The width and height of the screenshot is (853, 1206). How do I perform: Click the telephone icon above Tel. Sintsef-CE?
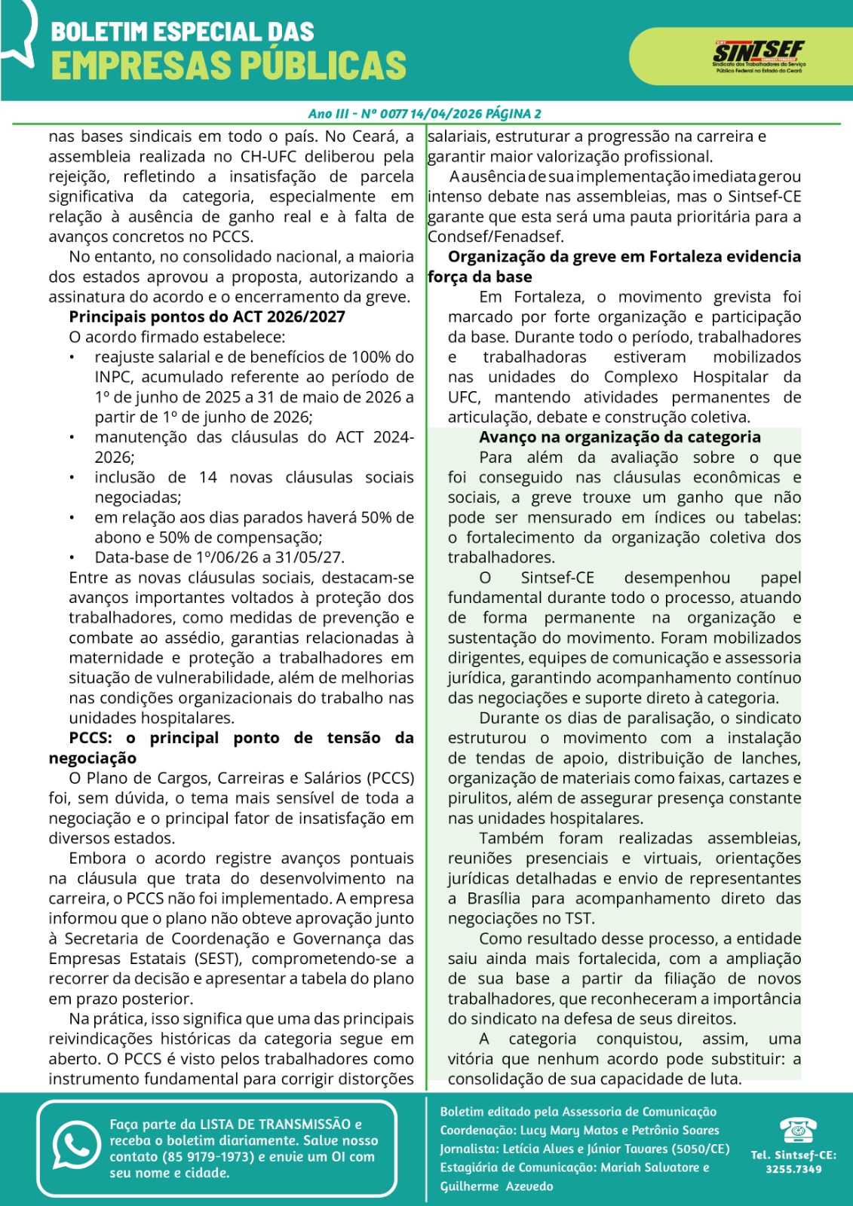coord(796,1131)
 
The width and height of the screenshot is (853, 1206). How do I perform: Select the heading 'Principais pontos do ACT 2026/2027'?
coord(207,317)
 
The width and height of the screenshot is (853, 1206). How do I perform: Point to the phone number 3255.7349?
coord(793,1169)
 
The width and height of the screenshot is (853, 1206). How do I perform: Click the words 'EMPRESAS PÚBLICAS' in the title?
coord(229,65)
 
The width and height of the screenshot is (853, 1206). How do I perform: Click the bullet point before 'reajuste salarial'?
coord(72,357)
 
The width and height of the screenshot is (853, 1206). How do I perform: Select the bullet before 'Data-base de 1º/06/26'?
coord(72,558)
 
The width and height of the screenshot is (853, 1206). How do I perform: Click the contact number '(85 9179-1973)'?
coord(206,1156)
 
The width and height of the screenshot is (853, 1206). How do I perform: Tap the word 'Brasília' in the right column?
coord(493,898)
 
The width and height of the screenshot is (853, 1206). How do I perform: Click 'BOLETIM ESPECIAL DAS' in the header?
coord(182,32)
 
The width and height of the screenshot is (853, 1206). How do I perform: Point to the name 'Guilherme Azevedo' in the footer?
coord(496,1186)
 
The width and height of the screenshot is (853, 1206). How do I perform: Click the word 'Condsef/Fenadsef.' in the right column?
coord(495,237)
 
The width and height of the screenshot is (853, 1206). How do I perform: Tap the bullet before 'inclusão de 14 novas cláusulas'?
coord(72,477)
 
